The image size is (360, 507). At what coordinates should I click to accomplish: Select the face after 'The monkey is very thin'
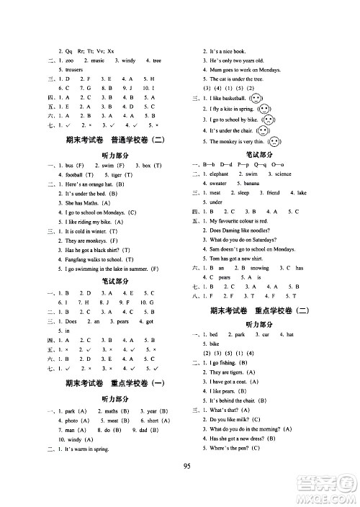tap(271, 143)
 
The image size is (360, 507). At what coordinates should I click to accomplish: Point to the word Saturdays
tap(274, 249)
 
